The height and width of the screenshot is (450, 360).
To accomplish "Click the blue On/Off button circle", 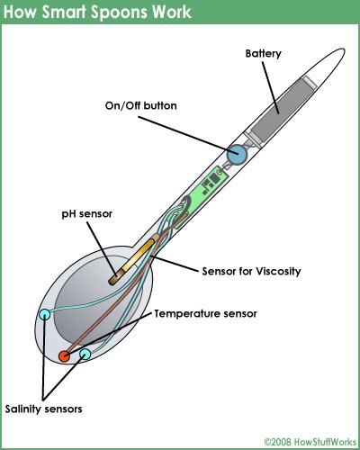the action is click(237, 154).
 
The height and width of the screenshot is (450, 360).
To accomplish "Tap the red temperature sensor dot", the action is click(64, 356).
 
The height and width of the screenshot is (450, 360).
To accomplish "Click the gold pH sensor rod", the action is click(133, 259).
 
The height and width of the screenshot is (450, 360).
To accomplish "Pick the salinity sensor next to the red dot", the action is click(85, 355).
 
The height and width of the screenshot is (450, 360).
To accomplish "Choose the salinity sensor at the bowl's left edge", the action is click(44, 315).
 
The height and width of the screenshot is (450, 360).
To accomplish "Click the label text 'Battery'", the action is click(264, 54).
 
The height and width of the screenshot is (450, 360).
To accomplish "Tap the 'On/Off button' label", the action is click(140, 105).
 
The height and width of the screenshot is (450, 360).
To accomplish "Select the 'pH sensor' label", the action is click(87, 214).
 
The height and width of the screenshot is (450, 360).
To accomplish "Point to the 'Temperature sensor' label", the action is click(205, 314).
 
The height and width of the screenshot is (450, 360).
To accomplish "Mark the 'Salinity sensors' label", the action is click(43, 409).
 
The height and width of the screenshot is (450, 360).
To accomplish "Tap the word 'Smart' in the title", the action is click(65, 12).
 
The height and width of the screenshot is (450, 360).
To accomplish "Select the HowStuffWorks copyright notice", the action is click(310, 441).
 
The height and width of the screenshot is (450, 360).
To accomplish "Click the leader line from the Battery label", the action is click(271, 87).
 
